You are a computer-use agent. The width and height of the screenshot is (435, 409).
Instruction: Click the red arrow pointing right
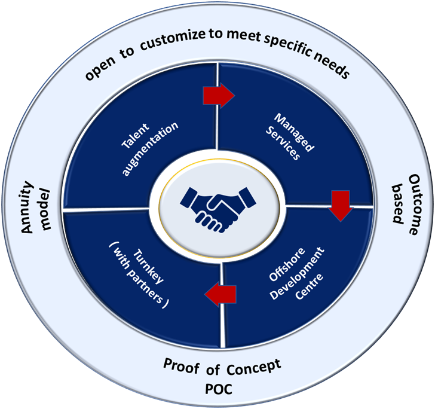point(219,94)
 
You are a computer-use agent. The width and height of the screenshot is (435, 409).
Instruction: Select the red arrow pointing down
point(341,205)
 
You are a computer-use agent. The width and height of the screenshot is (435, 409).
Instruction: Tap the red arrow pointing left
point(220,293)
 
